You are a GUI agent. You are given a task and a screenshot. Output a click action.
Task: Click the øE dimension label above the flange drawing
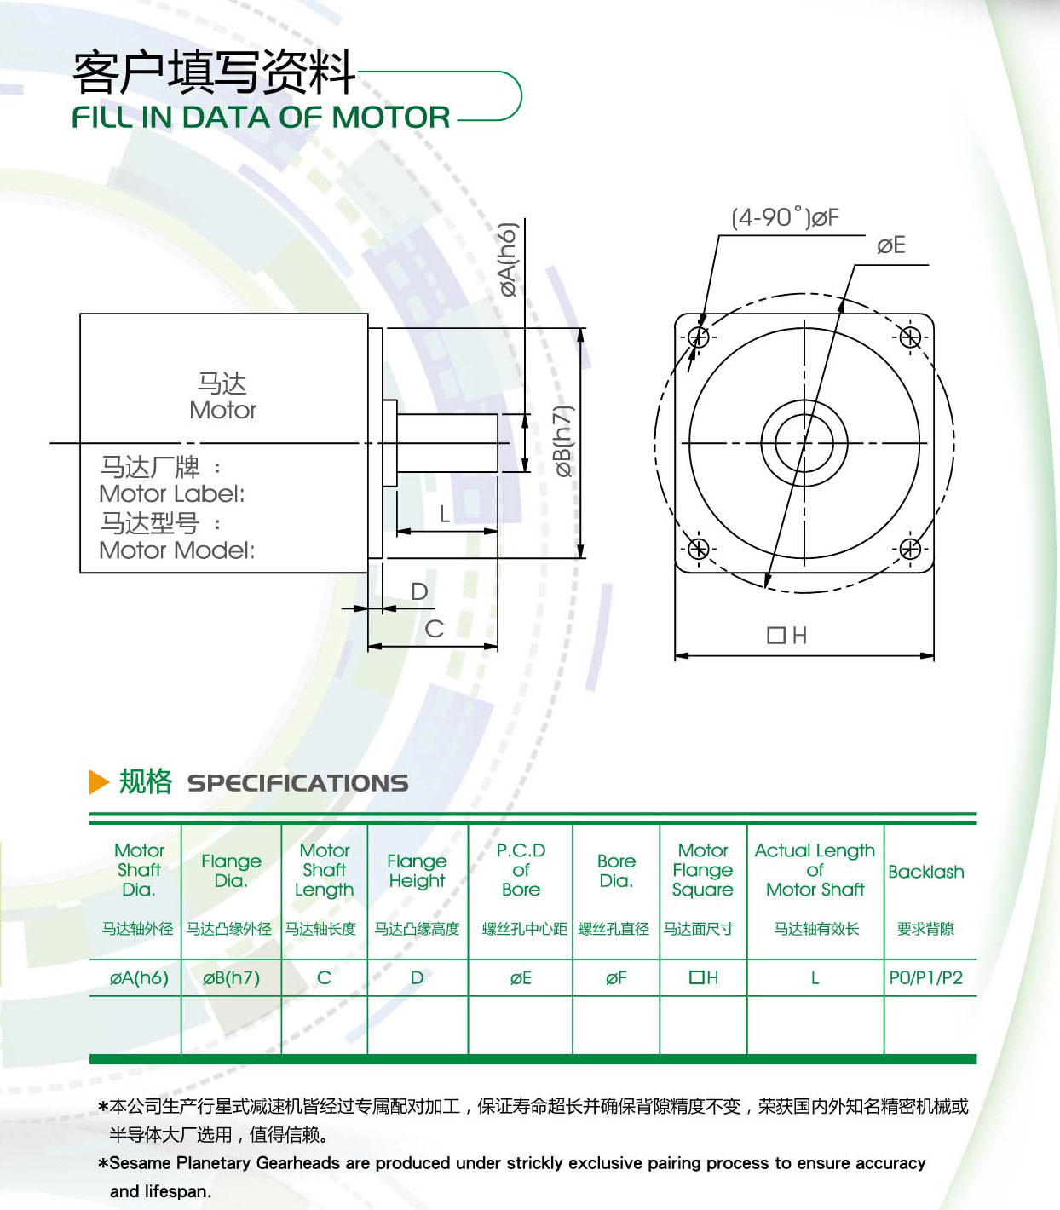891,245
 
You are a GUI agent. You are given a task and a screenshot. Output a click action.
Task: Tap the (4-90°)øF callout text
786,218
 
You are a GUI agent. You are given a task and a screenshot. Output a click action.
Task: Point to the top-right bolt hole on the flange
910,337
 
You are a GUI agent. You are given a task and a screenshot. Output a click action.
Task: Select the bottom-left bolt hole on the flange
698,548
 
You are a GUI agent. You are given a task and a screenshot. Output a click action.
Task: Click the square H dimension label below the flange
787,636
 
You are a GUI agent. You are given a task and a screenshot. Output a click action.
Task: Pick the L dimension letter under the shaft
444,514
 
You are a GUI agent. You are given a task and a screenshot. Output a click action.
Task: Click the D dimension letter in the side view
420,592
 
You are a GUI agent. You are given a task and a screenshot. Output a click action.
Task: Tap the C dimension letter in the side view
435,629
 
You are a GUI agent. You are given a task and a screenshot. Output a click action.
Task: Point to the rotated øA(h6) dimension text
507,260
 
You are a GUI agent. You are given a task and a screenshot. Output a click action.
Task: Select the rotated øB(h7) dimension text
563,441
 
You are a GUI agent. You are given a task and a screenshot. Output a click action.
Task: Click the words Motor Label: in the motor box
172,494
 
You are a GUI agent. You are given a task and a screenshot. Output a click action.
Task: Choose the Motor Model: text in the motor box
176,550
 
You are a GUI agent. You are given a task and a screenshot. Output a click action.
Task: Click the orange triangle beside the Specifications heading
99,782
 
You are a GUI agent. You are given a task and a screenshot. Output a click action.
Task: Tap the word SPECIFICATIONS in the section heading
298,783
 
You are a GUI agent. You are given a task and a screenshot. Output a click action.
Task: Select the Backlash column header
925,872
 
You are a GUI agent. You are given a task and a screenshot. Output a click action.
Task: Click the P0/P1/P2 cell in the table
925,977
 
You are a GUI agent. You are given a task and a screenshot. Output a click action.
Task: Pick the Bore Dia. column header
616,871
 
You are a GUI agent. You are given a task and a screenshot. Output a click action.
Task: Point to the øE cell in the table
521,978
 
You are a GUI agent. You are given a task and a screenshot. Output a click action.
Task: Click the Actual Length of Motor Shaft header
815,870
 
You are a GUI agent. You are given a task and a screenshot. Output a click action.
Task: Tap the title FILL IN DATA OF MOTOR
261,117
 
